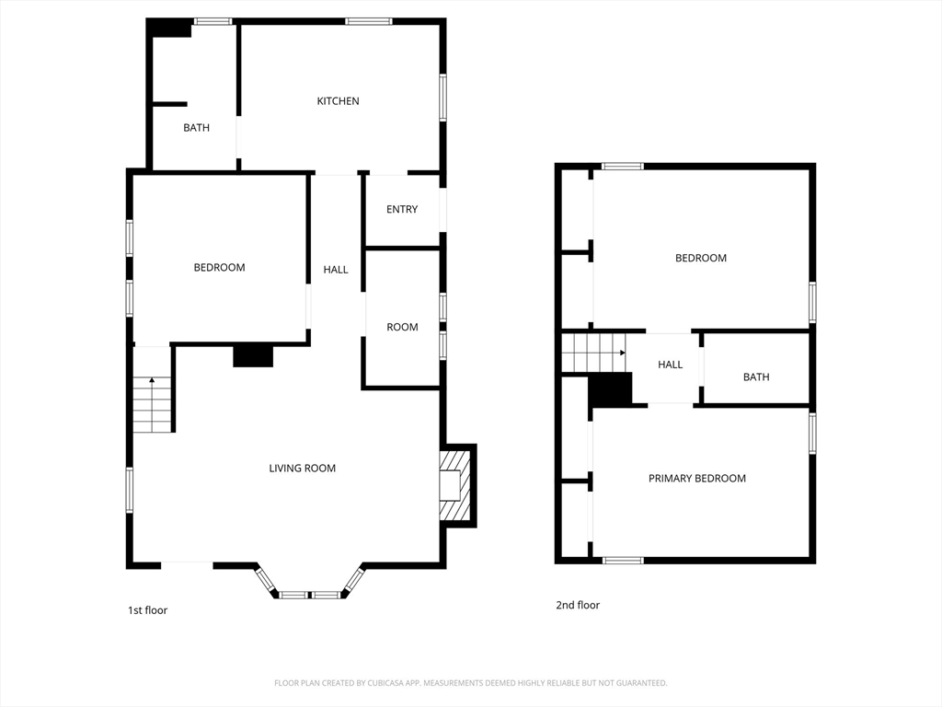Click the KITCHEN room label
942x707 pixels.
[338, 101]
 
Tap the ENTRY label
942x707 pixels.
[402, 210]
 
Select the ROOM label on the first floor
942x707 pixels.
[402, 327]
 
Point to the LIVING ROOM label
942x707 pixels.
[302, 469]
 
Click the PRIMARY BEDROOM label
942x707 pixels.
[696, 479]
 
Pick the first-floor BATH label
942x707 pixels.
[196, 128]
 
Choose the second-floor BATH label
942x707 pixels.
[756, 377]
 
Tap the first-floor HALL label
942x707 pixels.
[336, 270]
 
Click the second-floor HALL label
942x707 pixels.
[670, 365]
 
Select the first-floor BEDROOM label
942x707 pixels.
[219, 268]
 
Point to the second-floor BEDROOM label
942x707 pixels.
[701, 259]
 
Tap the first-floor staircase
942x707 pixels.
[153, 404]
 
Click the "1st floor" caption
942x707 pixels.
[147, 610]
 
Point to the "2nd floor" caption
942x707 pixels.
[578, 606]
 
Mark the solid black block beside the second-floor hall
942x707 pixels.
[610, 389]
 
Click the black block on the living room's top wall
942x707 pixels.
[253, 355]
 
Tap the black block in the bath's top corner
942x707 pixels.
[171, 29]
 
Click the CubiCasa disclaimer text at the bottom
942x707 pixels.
[470, 683]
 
